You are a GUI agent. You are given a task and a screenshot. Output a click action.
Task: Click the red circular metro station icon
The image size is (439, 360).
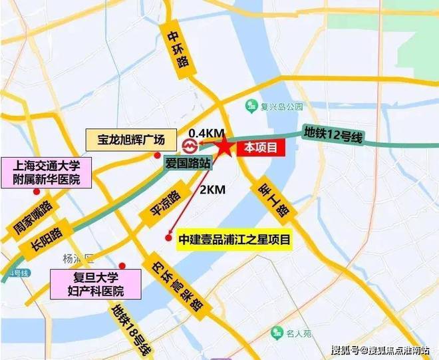point(188,144)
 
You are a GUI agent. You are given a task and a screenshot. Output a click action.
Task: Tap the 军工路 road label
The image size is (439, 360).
point(271,199)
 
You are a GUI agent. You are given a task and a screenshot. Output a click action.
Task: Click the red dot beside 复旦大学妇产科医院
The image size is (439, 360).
point(121,265)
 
